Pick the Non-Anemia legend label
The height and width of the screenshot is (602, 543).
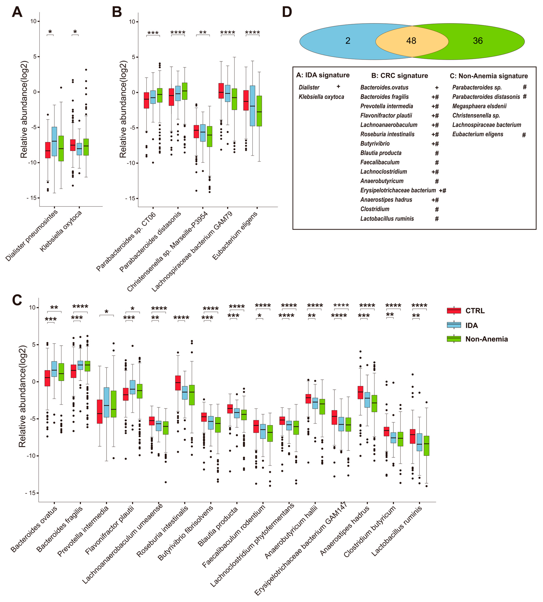486,339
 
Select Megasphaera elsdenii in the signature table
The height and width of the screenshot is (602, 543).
479,106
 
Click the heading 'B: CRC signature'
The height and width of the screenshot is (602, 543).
400,76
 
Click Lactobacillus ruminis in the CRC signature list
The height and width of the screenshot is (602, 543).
387,219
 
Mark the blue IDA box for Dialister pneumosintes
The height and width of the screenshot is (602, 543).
54,141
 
